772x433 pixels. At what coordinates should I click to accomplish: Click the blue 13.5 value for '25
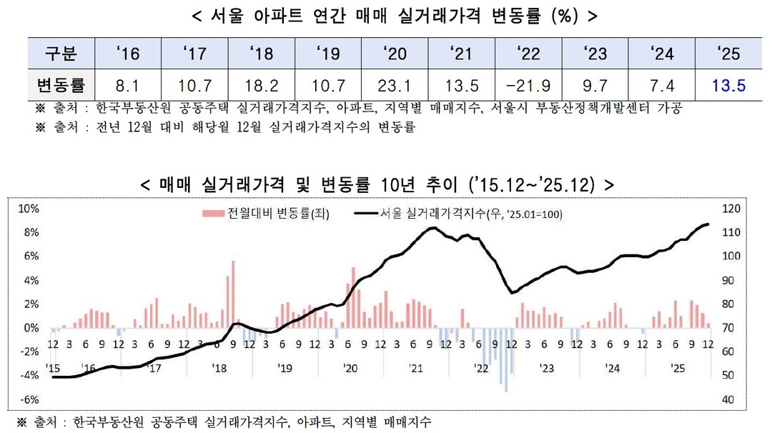(x=729, y=86)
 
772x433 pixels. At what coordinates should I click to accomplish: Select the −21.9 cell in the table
(x=528, y=86)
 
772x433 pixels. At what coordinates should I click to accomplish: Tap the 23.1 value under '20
(x=394, y=86)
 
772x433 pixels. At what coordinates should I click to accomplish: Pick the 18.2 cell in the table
(x=262, y=86)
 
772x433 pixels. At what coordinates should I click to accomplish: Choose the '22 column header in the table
(x=528, y=53)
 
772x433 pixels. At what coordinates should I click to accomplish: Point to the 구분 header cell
(x=61, y=53)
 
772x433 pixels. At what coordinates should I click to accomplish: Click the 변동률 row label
(x=61, y=86)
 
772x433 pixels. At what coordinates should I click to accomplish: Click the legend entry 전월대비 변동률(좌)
(x=266, y=213)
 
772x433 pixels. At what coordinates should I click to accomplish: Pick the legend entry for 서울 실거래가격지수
(x=457, y=213)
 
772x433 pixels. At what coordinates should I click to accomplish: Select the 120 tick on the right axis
(x=730, y=209)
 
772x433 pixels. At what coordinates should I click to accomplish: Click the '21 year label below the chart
(x=416, y=368)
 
